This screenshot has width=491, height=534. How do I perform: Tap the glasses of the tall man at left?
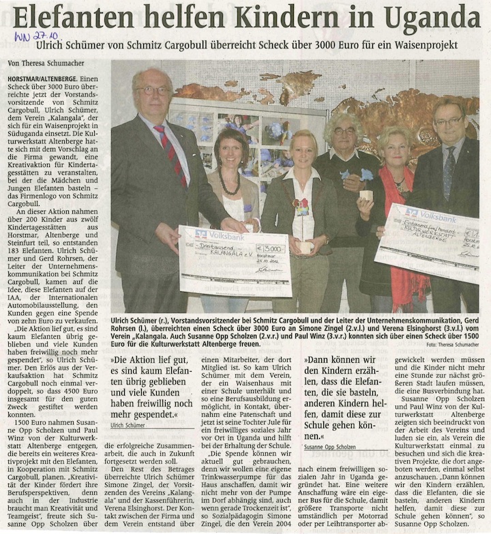pos(152,90)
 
